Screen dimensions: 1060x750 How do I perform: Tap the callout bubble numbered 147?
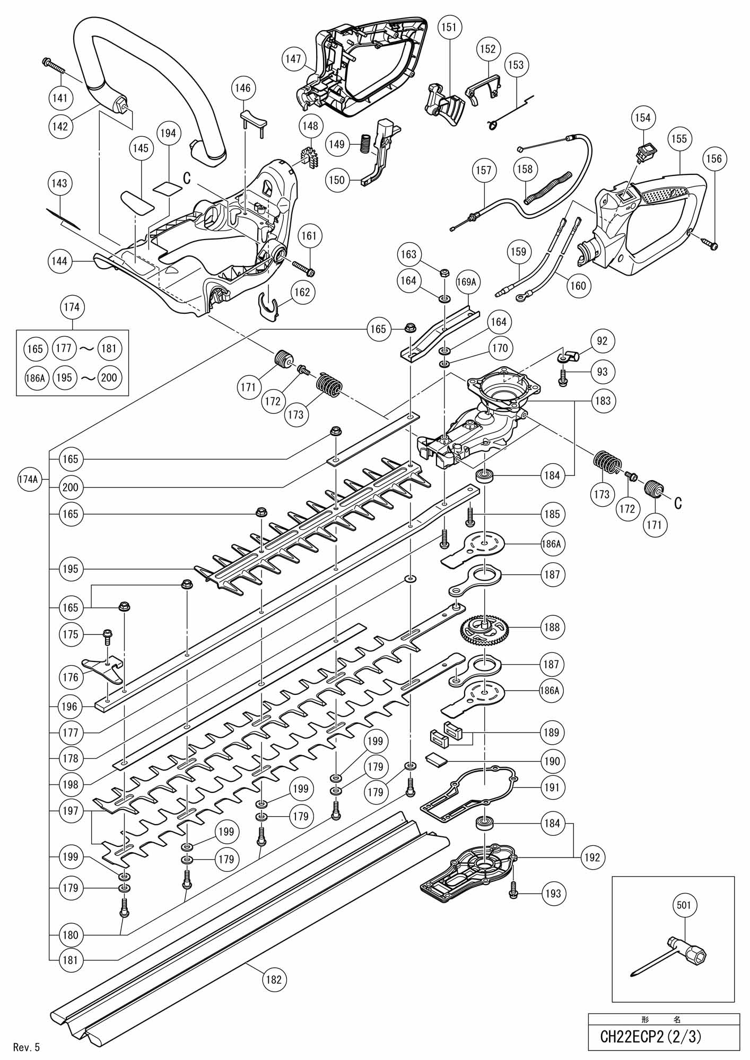click(x=293, y=59)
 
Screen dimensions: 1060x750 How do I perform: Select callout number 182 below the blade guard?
click(x=273, y=979)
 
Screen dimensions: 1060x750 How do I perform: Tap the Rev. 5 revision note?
click(x=27, y=1047)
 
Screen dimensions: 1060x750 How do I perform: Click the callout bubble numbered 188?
click(x=552, y=627)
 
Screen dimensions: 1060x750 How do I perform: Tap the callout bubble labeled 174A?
click(x=28, y=479)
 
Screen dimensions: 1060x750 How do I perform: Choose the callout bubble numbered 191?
click(x=552, y=788)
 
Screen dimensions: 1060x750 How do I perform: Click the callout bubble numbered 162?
click(x=301, y=292)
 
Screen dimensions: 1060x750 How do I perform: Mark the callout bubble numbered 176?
click(x=71, y=677)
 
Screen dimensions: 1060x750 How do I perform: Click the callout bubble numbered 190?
click(x=552, y=761)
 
